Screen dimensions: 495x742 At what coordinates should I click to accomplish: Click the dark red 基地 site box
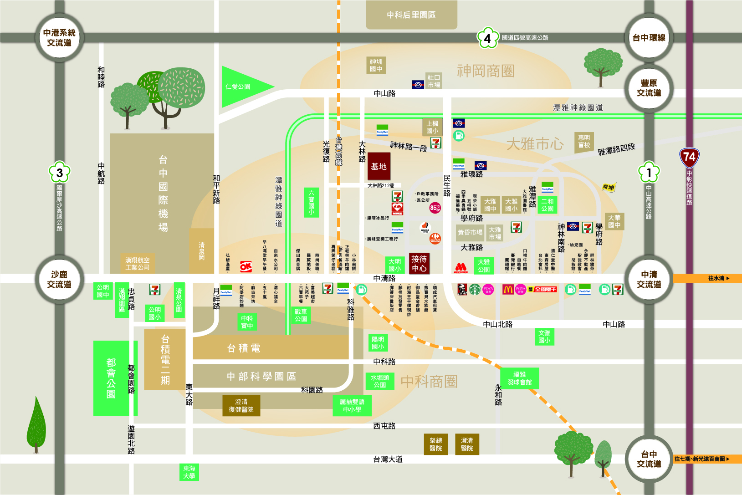tap(379, 167)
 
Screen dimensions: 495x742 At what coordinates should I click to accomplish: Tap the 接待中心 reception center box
tap(419, 263)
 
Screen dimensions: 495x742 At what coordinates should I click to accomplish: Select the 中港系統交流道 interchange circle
tap(59, 38)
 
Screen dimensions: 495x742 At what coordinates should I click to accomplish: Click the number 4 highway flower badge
tap(487, 38)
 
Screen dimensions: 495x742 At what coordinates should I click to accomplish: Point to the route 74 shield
tap(689, 158)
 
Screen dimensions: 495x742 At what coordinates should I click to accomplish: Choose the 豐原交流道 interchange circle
tap(649, 88)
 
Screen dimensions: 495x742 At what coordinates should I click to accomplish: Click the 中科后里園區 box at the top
tap(411, 15)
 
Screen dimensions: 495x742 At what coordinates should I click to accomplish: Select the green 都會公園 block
tap(111, 378)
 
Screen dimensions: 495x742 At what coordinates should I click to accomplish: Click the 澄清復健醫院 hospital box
tap(241, 405)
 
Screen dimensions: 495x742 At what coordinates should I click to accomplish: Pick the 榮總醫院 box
tap(435, 444)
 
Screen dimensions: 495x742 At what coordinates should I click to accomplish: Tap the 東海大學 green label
tap(189, 472)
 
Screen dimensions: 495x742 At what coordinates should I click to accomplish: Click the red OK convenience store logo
tap(246, 267)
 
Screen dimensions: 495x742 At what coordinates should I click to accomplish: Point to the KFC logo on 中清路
tap(462, 289)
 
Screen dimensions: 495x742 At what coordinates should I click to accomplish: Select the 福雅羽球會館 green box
tap(520, 378)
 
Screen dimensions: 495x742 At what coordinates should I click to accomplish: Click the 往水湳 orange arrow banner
tap(707, 278)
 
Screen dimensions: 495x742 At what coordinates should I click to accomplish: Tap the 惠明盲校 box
tap(583, 141)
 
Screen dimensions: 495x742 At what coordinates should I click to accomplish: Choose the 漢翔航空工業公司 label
tap(137, 263)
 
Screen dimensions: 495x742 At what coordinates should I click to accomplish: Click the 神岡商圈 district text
tap(485, 71)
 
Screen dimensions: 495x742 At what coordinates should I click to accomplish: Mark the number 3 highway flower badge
tap(59, 172)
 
